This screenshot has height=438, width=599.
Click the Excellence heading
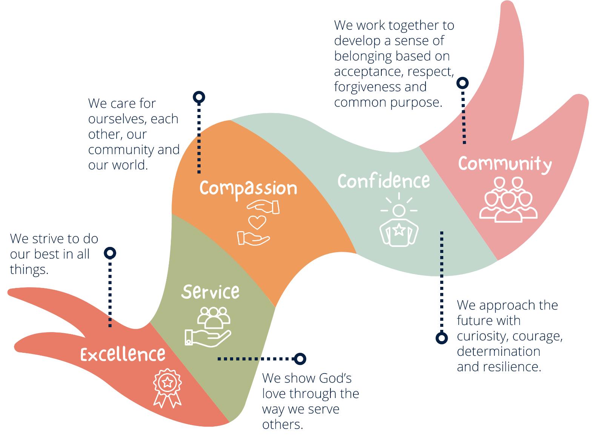click(x=123, y=354)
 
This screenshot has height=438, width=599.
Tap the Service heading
click(x=210, y=292)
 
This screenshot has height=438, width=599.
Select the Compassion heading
click(x=248, y=188)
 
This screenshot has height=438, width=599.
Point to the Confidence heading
click(x=384, y=181)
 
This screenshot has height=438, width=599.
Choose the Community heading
click(x=505, y=164)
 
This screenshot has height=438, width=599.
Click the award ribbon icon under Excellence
click(x=167, y=388)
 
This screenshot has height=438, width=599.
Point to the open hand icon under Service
click(x=207, y=337)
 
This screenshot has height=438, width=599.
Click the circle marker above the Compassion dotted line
click(x=199, y=97)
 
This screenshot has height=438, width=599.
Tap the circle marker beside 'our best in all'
click(x=110, y=253)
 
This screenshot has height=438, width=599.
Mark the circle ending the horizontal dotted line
click(x=300, y=359)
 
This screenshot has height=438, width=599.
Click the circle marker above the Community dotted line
click(x=463, y=83)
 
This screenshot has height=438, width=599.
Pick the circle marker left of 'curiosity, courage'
click(x=442, y=338)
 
